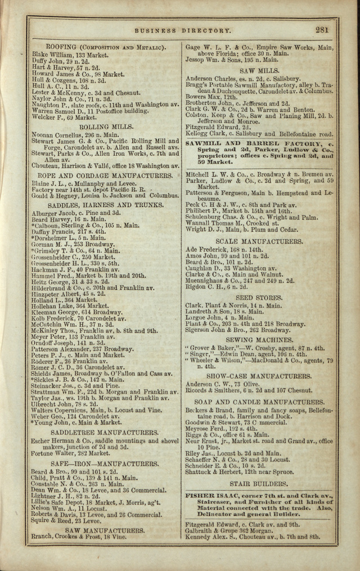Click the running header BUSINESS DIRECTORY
click(182, 31)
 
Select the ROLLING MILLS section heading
click(103, 127)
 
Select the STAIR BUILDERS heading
click(259, 483)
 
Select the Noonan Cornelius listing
click(75, 135)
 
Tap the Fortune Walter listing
click(70, 453)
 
